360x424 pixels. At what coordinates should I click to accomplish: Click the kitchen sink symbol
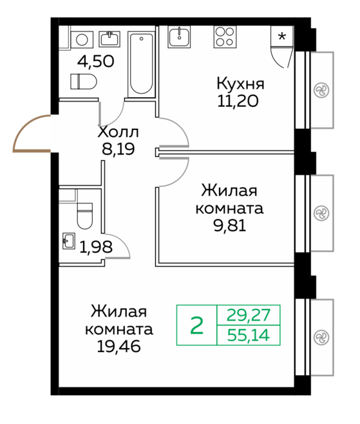[x=179, y=37]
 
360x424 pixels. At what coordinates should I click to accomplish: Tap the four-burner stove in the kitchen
[x=225, y=37]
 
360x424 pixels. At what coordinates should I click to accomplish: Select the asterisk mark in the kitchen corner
[x=282, y=36]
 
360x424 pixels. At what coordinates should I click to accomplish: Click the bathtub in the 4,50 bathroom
[x=141, y=64]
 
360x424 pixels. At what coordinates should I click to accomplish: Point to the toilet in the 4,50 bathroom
[x=84, y=82]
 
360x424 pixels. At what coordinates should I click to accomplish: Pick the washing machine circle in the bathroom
[x=82, y=40]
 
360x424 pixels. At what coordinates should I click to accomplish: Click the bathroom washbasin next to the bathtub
[x=109, y=39]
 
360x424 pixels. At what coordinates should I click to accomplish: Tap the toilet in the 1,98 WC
[x=85, y=216]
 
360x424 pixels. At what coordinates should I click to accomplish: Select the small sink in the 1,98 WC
[x=69, y=241]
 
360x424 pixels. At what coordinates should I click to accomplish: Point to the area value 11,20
[x=238, y=101]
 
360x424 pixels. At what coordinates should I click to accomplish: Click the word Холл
[x=118, y=133]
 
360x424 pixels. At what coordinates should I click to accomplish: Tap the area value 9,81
[x=230, y=226]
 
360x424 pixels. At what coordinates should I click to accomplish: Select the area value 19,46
[x=119, y=346]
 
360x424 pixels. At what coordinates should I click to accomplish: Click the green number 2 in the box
[x=197, y=326]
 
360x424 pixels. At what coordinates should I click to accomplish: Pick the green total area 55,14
[x=249, y=335]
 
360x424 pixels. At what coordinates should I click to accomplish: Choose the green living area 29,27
[x=249, y=315]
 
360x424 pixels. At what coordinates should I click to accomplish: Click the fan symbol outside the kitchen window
[x=321, y=90]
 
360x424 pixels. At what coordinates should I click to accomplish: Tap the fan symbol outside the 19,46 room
[x=321, y=338]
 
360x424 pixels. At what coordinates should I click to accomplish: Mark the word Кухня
[x=240, y=84]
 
